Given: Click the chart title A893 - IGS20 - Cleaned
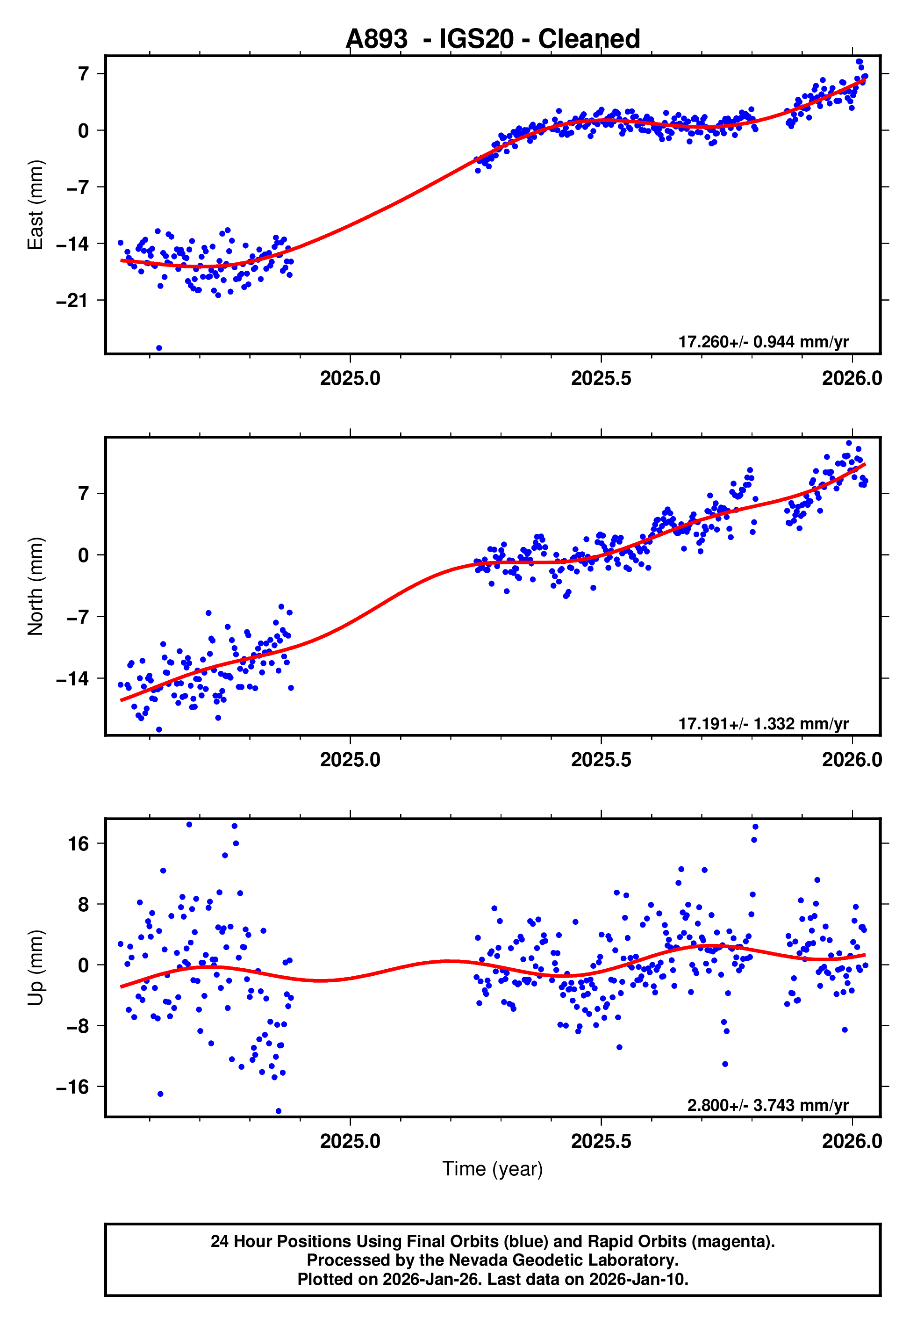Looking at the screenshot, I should tap(493, 39).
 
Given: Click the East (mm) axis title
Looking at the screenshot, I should tap(36, 205).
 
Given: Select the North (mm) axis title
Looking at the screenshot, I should tap(36, 586).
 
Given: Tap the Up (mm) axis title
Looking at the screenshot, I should tap(36, 968).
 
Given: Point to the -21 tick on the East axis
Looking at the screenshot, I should tap(72, 301).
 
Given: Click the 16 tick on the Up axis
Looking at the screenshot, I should tap(78, 844).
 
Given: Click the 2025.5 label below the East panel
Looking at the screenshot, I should tap(601, 378).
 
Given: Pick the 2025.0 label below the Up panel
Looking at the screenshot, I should tap(350, 1141).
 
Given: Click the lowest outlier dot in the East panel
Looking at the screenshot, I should tap(159, 348).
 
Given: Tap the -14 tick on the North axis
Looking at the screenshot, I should tap(72, 678).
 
